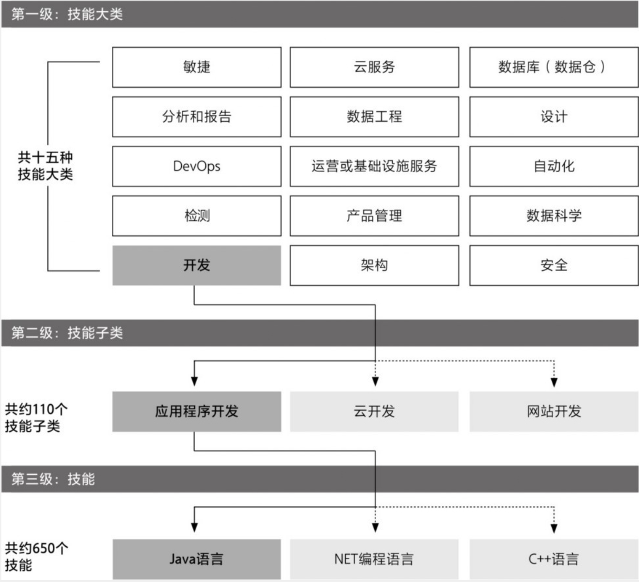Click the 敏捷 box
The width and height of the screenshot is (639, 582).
pos(197,67)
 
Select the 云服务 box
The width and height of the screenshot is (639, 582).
pos(374,67)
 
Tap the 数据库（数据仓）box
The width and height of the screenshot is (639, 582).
pos(554,67)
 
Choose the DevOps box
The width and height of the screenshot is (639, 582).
pos(197,166)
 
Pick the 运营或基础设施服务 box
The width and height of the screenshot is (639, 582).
pos(374,166)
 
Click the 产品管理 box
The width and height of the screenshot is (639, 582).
pos(374,216)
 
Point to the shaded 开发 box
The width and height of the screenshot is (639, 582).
pos(197,265)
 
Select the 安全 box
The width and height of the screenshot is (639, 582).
pos(554,265)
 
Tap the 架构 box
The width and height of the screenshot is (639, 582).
pos(374,265)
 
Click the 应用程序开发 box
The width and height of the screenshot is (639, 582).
pos(197,411)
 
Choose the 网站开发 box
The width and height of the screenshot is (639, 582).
pos(554,411)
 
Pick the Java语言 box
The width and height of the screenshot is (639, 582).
pos(197,559)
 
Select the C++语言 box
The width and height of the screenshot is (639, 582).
pos(554,559)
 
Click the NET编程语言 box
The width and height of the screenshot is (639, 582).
pos(374,559)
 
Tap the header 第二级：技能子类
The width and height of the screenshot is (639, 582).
pos(67,333)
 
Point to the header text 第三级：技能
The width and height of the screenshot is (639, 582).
pos(53,479)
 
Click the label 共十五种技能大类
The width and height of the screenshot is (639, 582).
pos(45,166)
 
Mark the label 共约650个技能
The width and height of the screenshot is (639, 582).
pos(36,556)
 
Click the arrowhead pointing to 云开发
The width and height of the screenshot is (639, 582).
pos(375,382)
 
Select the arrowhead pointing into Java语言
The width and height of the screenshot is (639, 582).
pos(194,527)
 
